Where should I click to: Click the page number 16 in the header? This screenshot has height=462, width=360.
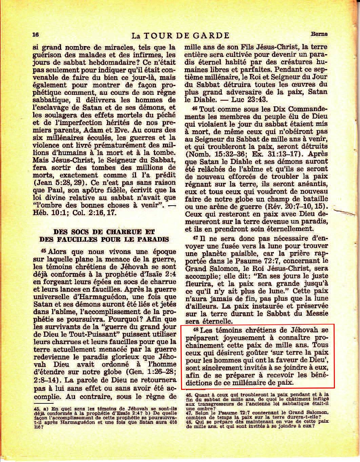coord(36,35)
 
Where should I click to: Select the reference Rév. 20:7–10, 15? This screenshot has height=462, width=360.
coord(294,206)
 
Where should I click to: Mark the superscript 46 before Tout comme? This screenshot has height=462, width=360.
coord(194,109)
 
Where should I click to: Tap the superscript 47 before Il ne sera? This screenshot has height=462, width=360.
coord(194,237)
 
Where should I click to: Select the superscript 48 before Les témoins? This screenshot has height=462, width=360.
coord(195,330)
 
